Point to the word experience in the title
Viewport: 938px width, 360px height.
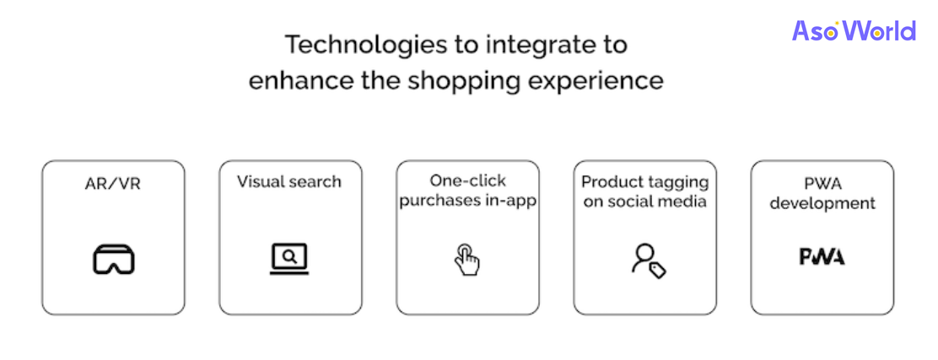pos(586,82)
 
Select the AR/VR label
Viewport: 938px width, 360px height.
pos(112,183)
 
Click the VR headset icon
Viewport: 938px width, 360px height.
pos(114,259)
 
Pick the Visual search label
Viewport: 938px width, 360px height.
pos(289,181)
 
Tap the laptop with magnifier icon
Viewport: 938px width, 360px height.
pos(289,259)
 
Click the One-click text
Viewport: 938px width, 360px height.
pos(468,180)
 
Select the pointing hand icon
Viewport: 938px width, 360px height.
pos(466,260)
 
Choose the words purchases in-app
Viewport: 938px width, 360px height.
pos(468,201)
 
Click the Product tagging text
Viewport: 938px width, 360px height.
pos(644,182)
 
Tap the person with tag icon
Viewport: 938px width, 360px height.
pos(649,261)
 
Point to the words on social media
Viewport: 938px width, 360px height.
pos(644,201)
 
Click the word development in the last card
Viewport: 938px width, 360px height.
pos(822,203)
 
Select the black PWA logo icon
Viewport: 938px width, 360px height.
pos(822,256)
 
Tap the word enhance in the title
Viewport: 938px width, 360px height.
pos(295,81)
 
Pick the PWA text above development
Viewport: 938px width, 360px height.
pos(822,182)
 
